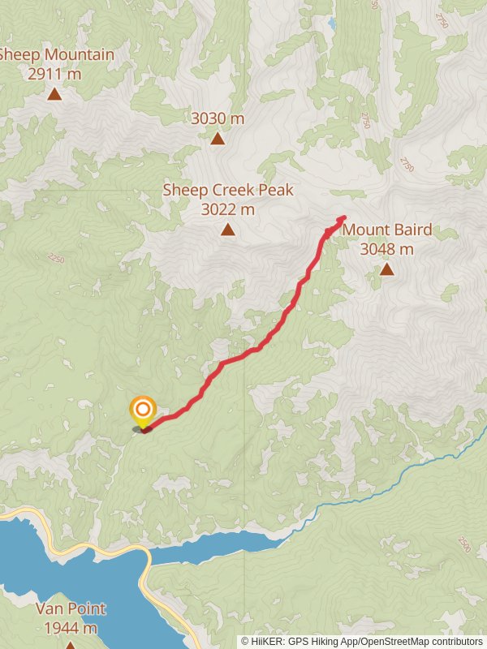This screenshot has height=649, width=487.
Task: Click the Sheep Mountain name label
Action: [x=55, y=55]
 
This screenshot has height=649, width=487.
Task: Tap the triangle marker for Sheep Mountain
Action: [x=54, y=94]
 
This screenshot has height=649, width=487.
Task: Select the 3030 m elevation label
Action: [x=218, y=118]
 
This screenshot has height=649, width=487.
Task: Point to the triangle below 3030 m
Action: [x=218, y=139]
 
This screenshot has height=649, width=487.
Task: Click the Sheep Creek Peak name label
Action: [x=228, y=190]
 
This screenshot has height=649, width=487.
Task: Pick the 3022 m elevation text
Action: [x=228, y=209]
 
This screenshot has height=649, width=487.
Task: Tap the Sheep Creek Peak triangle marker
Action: [x=229, y=230]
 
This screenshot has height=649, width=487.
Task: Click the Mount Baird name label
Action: [x=387, y=230]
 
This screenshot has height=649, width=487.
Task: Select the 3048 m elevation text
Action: [x=387, y=249]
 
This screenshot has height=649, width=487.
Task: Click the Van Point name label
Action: [x=71, y=608]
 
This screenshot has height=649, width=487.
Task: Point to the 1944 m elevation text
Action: [x=71, y=628]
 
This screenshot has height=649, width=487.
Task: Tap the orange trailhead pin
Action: [x=143, y=410]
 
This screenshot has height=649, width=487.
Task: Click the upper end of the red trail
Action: [x=343, y=217]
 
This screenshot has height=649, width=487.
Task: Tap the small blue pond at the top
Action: [x=332, y=24]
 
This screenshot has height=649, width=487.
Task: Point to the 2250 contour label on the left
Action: [x=55, y=258]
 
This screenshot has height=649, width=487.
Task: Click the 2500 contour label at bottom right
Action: [x=463, y=543]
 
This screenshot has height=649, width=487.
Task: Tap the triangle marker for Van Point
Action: [x=71, y=646]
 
